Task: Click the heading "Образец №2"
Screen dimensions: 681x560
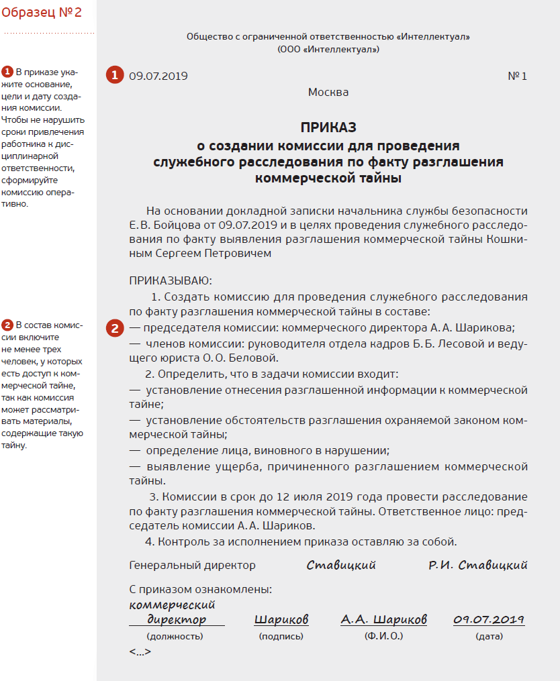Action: [x=42, y=12]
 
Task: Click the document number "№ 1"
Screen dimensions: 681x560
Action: [x=517, y=76]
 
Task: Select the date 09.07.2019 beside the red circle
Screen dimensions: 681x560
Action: [x=158, y=76]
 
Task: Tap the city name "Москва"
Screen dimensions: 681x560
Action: [x=328, y=92]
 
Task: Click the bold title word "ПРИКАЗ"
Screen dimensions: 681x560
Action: [x=328, y=127]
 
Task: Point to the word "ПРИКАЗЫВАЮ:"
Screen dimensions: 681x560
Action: [x=171, y=280]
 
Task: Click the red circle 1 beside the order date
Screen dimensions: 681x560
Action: [x=114, y=75]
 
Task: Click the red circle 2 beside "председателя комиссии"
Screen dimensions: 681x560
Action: [x=114, y=329]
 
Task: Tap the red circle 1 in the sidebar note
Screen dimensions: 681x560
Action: [x=7, y=72]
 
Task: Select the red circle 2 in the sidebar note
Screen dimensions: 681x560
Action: [x=7, y=325]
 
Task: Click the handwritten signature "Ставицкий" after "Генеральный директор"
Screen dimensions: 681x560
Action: [x=341, y=565]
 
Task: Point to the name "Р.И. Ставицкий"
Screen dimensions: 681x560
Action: [x=478, y=565]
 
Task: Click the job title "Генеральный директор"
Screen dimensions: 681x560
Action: [x=192, y=566]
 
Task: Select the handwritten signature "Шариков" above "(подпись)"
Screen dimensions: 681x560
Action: [x=281, y=619]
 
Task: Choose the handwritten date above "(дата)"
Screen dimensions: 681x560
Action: [x=489, y=619]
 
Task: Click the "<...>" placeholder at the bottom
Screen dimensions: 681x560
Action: [x=140, y=651]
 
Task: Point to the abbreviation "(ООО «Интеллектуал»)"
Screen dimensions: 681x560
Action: [x=328, y=49]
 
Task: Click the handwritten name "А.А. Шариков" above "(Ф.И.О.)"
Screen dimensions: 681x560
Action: [x=383, y=619]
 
